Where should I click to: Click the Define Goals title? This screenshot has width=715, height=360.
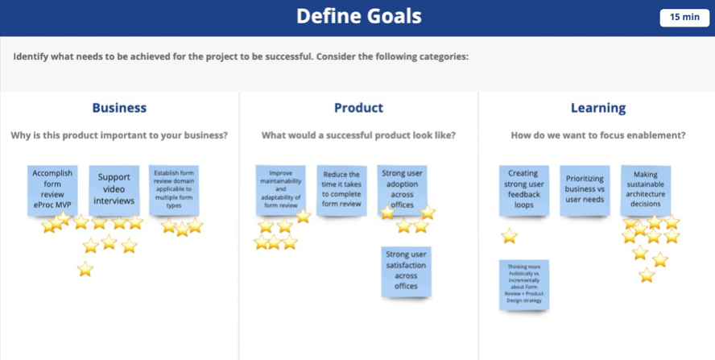click(x=358, y=16)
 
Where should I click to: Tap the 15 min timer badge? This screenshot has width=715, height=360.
click(x=684, y=17)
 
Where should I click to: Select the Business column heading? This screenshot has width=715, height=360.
click(x=119, y=108)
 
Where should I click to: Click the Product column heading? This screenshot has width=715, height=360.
click(x=358, y=108)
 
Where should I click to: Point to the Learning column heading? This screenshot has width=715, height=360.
click(x=598, y=108)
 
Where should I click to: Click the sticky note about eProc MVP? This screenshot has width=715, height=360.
click(x=52, y=189)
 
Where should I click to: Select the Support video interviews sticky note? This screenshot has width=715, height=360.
click(x=114, y=188)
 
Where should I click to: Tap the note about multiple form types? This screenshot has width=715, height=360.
click(x=174, y=188)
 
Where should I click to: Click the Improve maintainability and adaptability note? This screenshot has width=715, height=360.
click(x=280, y=189)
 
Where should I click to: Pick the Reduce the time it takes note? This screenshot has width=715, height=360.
click(x=341, y=188)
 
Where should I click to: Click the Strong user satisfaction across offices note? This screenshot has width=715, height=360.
click(x=406, y=271)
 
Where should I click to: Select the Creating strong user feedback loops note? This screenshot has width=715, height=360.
click(x=523, y=189)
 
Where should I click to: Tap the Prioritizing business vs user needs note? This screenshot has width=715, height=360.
click(x=585, y=189)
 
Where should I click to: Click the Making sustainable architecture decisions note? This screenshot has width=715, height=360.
click(x=645, y=188)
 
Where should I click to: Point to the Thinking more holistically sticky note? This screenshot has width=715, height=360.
click(x=523, y=284)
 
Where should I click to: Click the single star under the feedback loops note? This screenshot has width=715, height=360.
click(x=509, y=236)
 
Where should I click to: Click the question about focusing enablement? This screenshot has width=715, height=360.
click(x=598, y=135)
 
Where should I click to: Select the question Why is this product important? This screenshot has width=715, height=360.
click(x=119, y=135)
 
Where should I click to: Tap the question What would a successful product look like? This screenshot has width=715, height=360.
click(x=358, y=135)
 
